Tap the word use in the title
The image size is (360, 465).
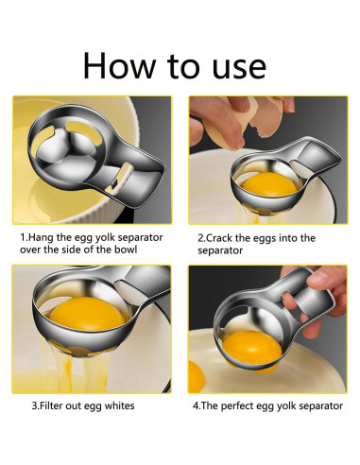click(x=239, y=68)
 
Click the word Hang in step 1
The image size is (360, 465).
click(x=42, y=238)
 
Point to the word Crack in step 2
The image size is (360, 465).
click(x=219, y=238)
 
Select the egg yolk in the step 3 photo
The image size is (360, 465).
click(x=87, y=314)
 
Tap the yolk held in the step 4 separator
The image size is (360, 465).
click(x=252, y=348)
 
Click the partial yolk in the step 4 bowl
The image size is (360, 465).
click(x=196, y=376)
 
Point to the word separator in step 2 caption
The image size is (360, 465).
click(x=220, y=250)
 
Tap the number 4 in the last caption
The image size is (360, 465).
click(x=196, y=405)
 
